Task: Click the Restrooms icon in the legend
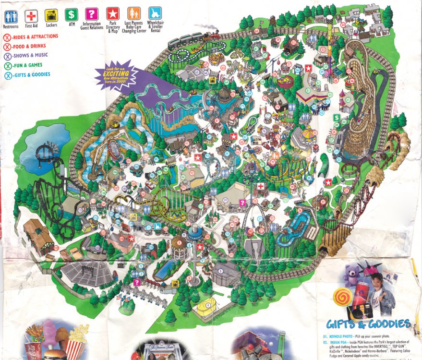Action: click(x=10, y=14)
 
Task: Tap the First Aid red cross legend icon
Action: click(x=31, y=14)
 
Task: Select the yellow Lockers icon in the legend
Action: click(x=51, y=14)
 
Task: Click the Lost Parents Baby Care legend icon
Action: click(x=134, y=13)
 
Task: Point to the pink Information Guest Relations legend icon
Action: click(x=91, y=14)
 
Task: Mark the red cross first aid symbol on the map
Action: click(x=260, y=186)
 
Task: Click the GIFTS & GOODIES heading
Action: click(x=368, y=324)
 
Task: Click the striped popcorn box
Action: click(x=75, y=345)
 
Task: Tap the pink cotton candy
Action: click(x=49, y=331)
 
